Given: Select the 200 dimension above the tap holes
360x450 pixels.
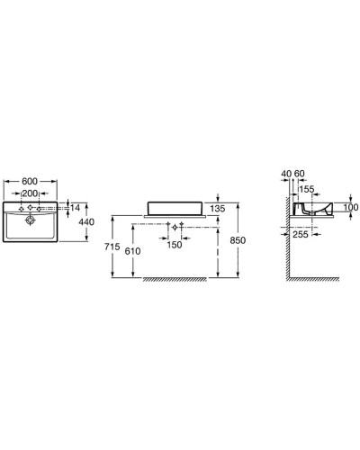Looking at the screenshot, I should [x=31, y=193].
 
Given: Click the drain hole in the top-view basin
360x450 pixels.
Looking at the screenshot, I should [x=31, y=218].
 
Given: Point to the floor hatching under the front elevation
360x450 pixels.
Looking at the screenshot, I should [x=180, y=280].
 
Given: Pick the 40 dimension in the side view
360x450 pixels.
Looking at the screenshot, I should [x=286, y=173].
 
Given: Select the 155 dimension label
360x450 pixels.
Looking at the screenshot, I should [x=306, y=190].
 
